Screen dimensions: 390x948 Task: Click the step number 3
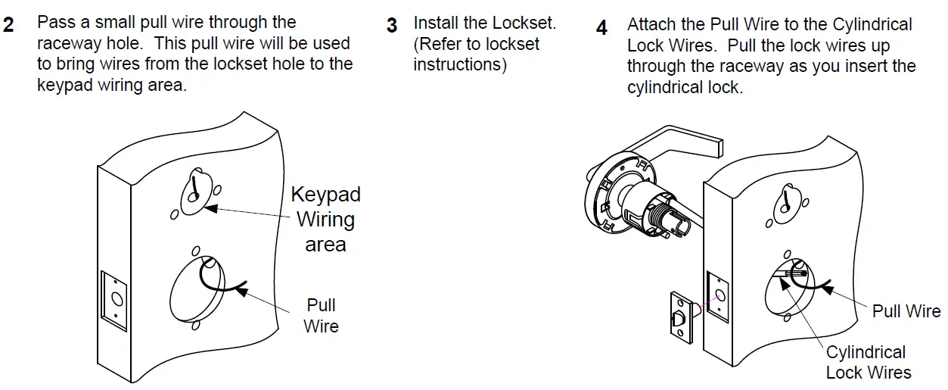[392, 25]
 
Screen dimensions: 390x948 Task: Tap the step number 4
[601, 28]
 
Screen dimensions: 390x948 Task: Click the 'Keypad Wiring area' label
[325, 220]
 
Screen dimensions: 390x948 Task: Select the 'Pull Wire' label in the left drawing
[321, 316]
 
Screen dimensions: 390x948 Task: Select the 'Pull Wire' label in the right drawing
[906, 311]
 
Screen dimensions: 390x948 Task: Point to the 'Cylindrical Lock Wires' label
[867, 362]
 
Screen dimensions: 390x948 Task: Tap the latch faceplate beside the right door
[680, 320]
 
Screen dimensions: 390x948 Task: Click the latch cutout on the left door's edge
[114, 300]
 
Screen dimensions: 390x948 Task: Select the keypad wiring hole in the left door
[194, 192]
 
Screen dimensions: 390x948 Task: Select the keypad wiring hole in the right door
[785, 201]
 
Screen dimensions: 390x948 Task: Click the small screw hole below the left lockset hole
[196, 326]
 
